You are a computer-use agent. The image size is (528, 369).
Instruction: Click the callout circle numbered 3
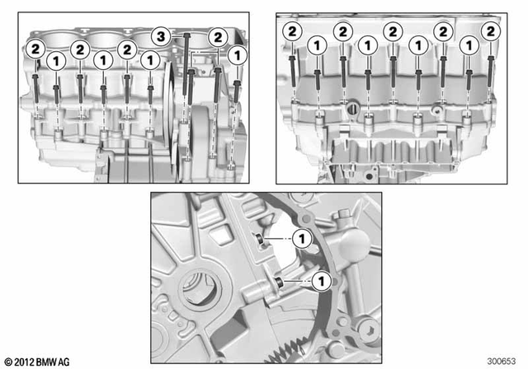coord(162,35)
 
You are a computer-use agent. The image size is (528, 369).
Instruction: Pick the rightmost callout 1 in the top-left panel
coord(238,55)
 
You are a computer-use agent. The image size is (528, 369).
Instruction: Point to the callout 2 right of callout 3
coord(218,35)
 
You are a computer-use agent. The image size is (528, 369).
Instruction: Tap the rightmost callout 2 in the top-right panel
coord(492,31)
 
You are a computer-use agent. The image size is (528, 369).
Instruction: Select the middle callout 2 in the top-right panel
coord(393,31)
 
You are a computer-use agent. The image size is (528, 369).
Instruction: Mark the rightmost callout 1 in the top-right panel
coord(468,46)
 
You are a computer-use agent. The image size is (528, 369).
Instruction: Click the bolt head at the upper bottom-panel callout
coord(258,240)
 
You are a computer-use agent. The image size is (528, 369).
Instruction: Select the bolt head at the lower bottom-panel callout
coord(279,283)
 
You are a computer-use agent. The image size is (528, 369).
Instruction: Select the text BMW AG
coord(57,362)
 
